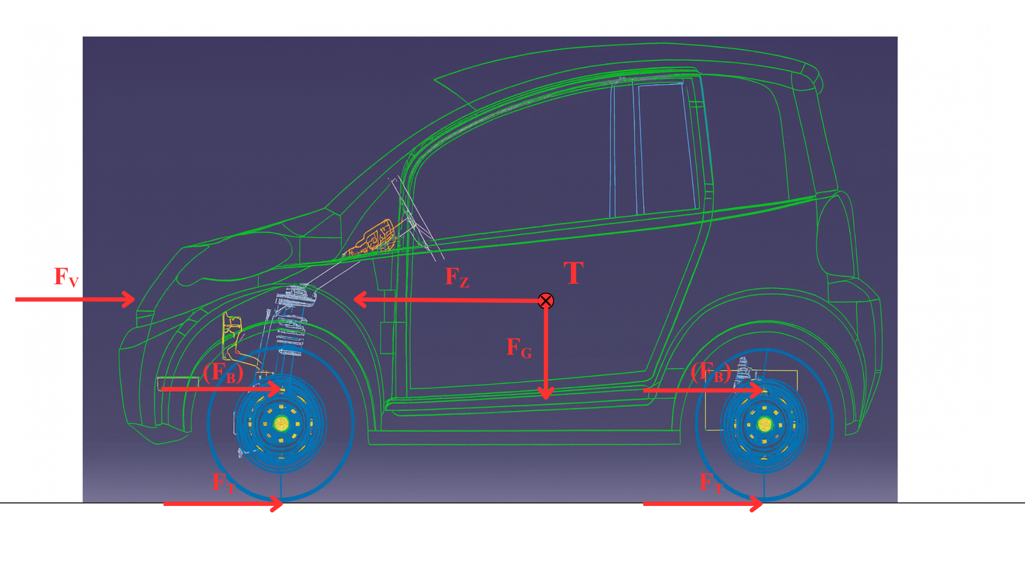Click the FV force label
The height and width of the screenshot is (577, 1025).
click(66, 277)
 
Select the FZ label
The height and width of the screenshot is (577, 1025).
click(457, 277)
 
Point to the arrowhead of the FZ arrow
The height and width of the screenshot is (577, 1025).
click(360, 300)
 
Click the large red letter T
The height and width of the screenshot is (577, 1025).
click(574, 273)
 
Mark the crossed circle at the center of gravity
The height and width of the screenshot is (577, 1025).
click(546, 301)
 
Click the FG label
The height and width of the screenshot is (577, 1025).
click(519, 348)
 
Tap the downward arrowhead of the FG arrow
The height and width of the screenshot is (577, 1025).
click(546, 393)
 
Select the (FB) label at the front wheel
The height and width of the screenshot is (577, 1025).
click(223, 372)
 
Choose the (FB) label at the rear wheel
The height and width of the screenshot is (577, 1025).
click(711, 372)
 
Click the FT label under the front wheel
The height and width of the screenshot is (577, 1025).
click(224, 483)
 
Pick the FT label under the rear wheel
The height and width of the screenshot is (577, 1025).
click(711, 483)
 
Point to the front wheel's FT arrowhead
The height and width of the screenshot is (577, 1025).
click(277, 504)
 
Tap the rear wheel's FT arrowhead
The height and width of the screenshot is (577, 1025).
click(756, 504)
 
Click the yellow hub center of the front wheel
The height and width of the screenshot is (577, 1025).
click(281, 424)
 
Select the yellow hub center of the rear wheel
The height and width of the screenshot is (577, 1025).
click(764, 425)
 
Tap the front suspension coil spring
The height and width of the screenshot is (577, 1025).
click(291, 321)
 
